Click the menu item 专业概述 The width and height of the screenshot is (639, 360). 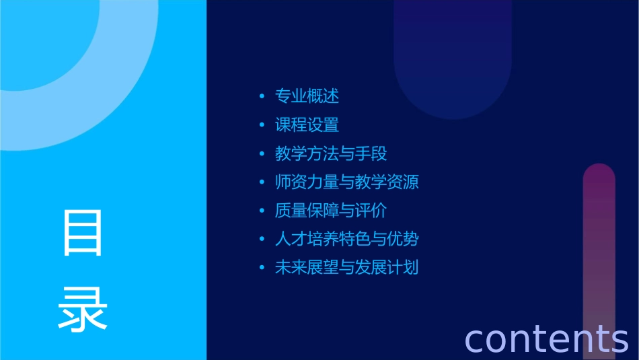point(307,96)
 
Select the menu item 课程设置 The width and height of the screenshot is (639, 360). point(307,125)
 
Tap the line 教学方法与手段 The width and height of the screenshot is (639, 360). point(331,154)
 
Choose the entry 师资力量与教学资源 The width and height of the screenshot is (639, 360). point(347,182)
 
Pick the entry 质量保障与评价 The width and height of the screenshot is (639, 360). point(331,211)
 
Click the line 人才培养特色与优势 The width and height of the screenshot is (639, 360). point(347,239)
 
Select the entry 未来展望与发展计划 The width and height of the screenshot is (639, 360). point(347,267)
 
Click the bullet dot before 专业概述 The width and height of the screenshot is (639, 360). point(262,97)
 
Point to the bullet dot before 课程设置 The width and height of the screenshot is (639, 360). point(262,126)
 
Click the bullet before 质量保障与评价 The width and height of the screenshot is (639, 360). point(262,211)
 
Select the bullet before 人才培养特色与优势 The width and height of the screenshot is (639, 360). point(262,240)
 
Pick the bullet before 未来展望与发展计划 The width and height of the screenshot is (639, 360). point(262,268)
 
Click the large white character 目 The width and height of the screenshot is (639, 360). point(83,233)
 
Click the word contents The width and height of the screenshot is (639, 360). point(546,338)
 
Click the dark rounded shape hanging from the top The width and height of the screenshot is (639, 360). point(453,61)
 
